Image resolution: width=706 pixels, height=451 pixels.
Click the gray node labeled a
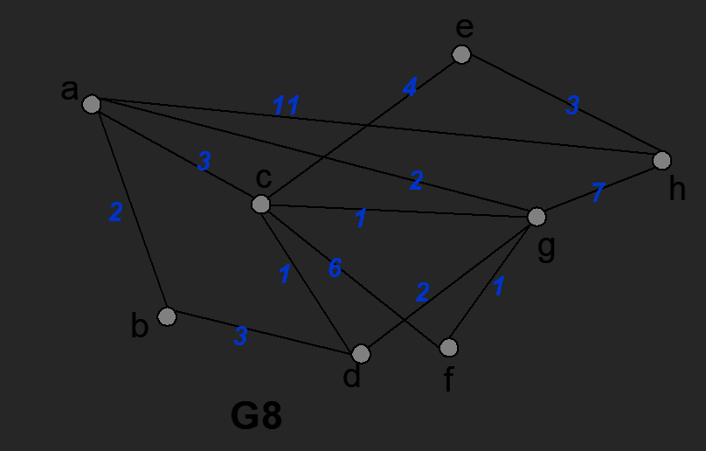(91, 105)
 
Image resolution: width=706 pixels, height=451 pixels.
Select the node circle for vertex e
(461, 54)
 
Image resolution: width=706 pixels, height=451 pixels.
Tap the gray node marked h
(661, 160)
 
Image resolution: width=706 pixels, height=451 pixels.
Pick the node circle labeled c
(260, 204)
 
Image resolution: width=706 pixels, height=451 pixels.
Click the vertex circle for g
(536, 216)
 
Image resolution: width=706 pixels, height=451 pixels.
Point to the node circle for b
(167, 316)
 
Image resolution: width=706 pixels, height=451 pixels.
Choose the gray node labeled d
(361, 354)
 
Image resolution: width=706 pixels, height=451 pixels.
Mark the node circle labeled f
(448, 348)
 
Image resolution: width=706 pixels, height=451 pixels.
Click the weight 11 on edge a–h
(286, 107)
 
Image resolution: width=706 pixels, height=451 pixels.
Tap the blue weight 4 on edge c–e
(410, 87)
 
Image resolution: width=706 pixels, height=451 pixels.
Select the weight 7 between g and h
(597, 194)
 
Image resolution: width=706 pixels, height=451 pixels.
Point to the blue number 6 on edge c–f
(335, 268)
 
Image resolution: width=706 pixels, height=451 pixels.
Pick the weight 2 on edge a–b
(115, 212)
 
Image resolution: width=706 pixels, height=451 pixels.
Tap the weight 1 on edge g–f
(499, 287)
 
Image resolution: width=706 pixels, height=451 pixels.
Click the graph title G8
(256, 416)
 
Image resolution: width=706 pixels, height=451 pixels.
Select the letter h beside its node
(677, 189)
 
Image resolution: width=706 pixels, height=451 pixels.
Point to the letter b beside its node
(139, 326)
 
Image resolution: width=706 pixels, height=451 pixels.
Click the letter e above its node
(463, 28)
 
